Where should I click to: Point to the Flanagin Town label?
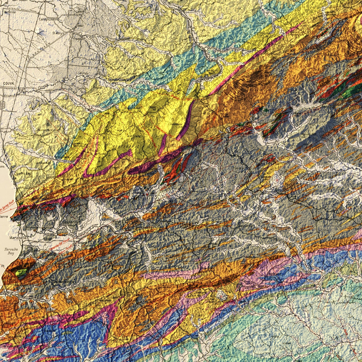click(x=210, y=72)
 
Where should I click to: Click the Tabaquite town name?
click(x=235, y=130)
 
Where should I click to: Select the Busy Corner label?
click(x=246, y=226)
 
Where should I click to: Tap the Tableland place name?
click(x=274, y=274)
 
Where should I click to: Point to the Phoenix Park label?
click(x=44, y=130)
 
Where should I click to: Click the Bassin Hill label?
click(x=258, y=89)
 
